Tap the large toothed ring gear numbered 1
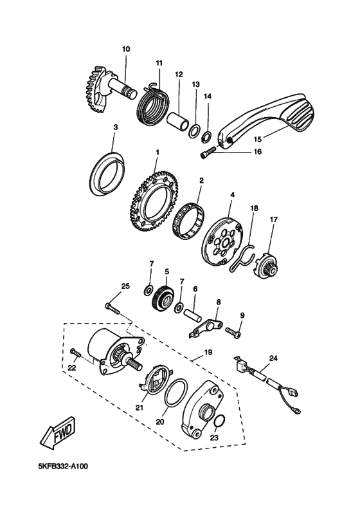[154, 201]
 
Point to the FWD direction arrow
[59, 432]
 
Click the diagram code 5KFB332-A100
[62, 467]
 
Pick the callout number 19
[208, 352]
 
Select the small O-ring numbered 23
[219, 421]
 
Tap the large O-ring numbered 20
[175, 392]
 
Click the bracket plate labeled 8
[205, 328]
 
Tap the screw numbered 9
[233, 333]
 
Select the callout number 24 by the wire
[273, 358]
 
